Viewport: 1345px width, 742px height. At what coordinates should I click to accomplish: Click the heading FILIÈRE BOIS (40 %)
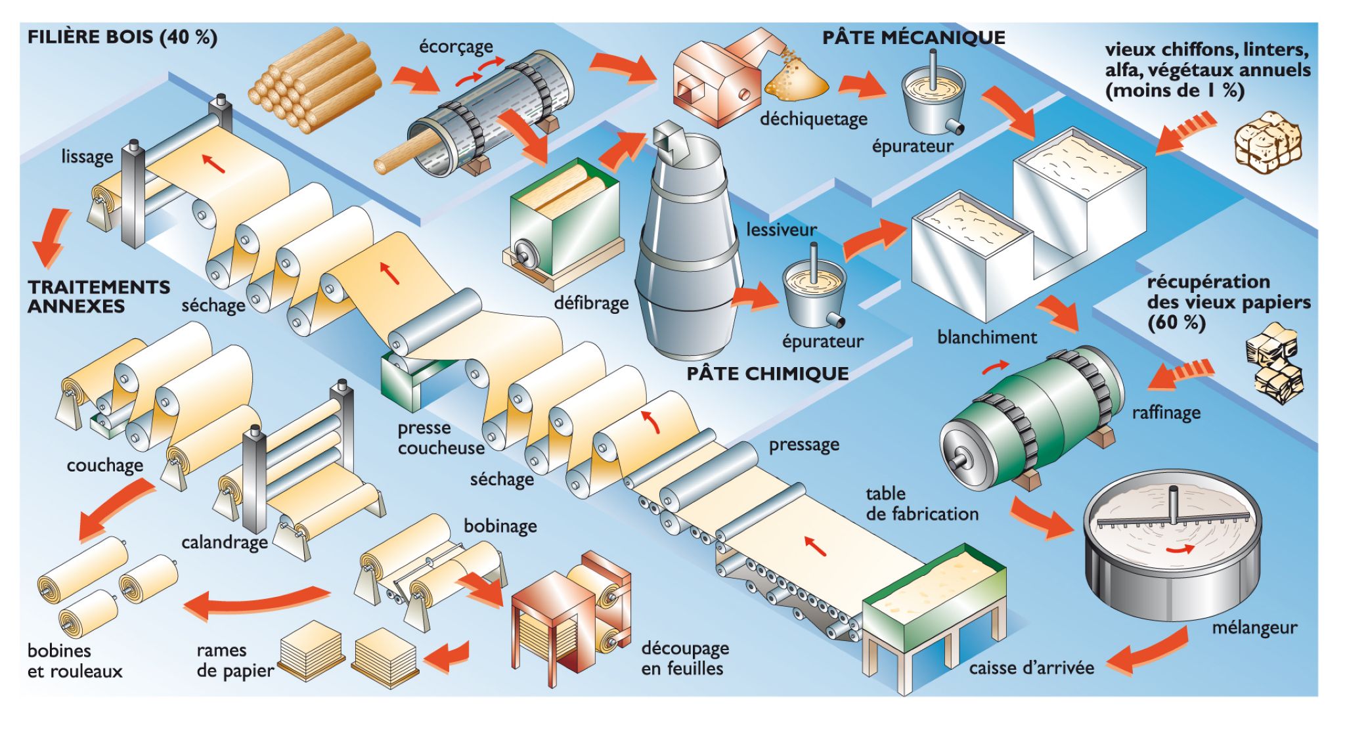[122, 37]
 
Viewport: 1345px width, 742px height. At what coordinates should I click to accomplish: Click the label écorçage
[456, 47]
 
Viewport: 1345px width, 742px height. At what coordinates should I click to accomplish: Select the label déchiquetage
[813, 119]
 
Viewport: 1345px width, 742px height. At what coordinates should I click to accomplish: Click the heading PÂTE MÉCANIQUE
[914, 37]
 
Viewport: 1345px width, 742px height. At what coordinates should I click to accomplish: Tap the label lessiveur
[781, 230]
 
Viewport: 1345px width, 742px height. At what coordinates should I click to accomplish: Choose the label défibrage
[591, 303]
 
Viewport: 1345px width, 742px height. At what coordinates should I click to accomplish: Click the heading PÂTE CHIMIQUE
[768, 374]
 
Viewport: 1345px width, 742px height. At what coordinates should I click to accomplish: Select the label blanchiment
[986, 337]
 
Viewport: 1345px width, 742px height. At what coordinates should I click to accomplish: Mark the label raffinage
[1166, 412]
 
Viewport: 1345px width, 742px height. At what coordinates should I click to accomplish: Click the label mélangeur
[1254, 628]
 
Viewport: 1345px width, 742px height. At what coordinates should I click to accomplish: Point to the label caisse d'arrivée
[1031, 668]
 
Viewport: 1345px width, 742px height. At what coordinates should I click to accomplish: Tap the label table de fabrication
[922, 504]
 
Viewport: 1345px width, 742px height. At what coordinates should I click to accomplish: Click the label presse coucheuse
[441, 438]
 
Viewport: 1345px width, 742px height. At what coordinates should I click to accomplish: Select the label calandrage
[225, 542]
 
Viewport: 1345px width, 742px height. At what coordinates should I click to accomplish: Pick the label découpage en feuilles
[685, 658]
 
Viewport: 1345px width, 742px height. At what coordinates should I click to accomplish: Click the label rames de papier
[234, 661]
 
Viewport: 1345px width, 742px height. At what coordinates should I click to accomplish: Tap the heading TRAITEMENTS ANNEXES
[99, 297]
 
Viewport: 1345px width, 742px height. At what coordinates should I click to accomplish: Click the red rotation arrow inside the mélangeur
[1180, 549]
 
